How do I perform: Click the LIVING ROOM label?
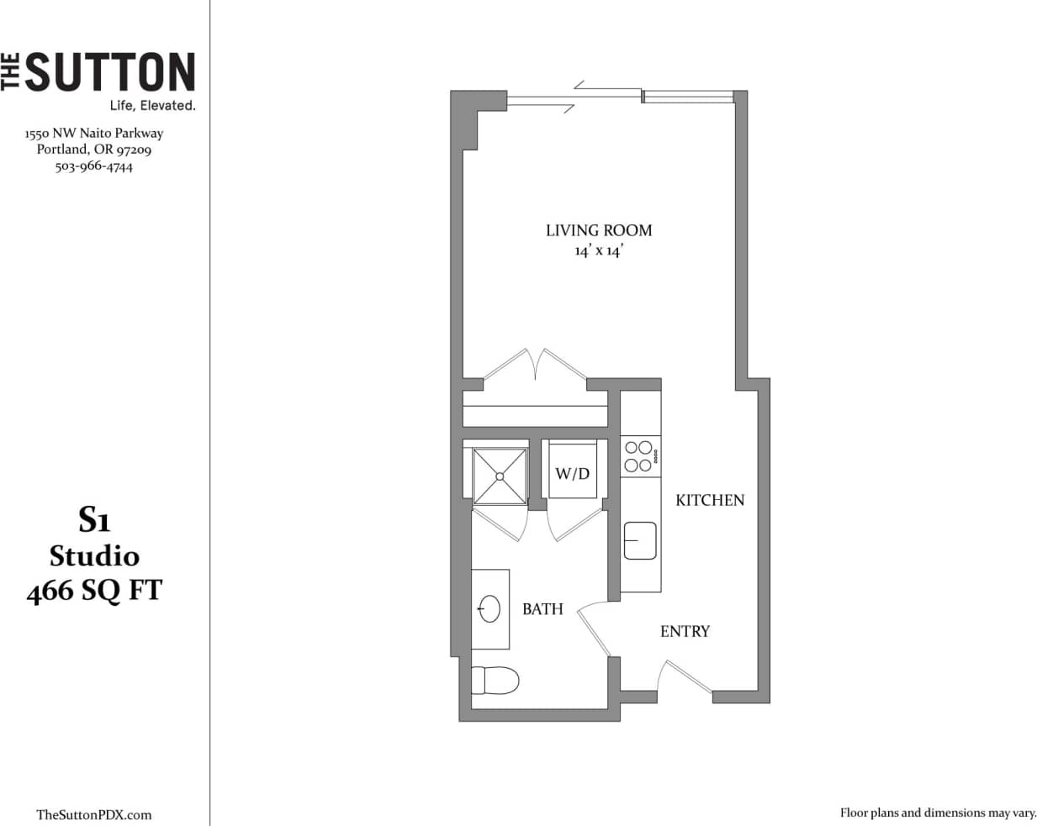pyautogui.click(x=598, y=230)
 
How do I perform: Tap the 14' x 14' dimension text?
pyautogui.click(x=598, y=251)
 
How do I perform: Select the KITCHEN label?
pyautogui.click(x=710, y=500)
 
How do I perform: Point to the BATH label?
pyautogui.click(x=542, y=609)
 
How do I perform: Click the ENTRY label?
pyautogui.click(x=685, y=631)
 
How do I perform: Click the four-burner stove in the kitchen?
pyautogui.click(x=638, y=456)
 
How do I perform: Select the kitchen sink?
pyautogui.click(x=640, y=540)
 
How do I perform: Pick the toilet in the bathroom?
pyautogui.click(x=495, y=681)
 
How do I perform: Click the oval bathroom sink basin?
pyautogui.click(x=489, y=609)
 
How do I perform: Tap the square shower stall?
pyautogui.click(x=500, y=476)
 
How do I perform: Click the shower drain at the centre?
pyautogui.click(x=500, y=476)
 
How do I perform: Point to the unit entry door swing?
pyautogui.click(x=683, y=677)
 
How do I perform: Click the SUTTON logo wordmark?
pyautogui.click(x=109, y=72)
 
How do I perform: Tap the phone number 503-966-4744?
pyautogui.click(x=93, y=166)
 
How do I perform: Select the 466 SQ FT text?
pyautogui.click(x=93, y=592)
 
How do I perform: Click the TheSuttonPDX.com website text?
pyautogui.click(x=94, y=814)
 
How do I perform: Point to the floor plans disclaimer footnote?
pyautogui.click(x=938, y=813)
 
